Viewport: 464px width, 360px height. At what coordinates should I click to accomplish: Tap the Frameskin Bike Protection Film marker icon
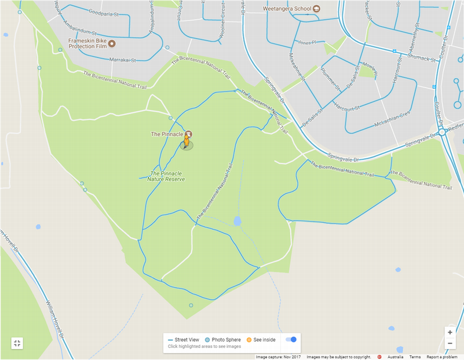(112, 43)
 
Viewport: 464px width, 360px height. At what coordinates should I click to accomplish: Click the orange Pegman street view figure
(187, 142)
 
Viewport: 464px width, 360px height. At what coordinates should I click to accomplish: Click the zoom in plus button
(450, 332)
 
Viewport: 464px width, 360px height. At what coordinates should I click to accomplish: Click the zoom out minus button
(450, 344)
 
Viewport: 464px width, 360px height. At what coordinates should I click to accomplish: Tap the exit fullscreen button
(17, 343)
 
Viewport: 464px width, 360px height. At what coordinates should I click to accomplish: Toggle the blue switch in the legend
(291, 340)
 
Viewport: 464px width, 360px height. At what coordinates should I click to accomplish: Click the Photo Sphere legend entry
(223, 340)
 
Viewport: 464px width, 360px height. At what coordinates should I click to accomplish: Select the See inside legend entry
(261, 340)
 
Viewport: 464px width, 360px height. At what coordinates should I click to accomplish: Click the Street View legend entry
(184, 340)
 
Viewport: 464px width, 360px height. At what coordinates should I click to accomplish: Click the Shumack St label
(421, 57)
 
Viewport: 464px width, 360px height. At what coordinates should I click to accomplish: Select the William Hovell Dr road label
(56, 313)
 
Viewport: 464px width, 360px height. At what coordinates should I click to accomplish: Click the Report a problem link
(443, 357)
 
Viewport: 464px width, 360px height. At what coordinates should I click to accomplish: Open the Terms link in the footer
(415, 357)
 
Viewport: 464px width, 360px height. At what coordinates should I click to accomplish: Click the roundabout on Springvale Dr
(442, 133)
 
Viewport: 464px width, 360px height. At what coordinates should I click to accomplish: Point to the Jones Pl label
(306, 43)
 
